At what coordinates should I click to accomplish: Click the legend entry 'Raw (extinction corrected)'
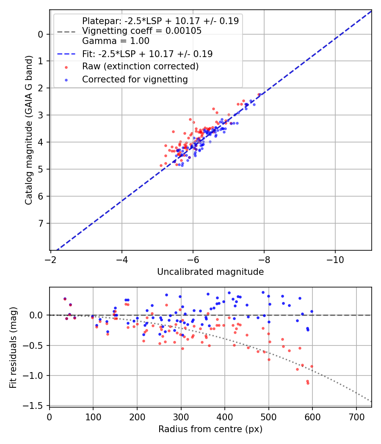pyautogui.click(x=140, y=66)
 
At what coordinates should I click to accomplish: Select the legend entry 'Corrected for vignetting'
pyautogui.click(x=135, y=79)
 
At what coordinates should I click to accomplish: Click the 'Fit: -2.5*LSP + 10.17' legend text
pyautogui.click(x=147, y=54)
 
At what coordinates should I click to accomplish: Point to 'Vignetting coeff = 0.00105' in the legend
pyautogui.click(x=142, y=31)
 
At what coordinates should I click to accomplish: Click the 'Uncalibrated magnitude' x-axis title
pyautogui.click(x=210, y=272)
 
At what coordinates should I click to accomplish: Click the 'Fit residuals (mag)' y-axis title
pyautogui.click(x=13, y=348)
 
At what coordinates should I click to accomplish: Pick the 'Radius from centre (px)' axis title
pyautogui.click(x=210, y=429)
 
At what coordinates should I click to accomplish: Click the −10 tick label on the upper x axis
pyautogui.click(x=335, y=258)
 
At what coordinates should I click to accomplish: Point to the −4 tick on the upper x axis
pyautogui.click(x=122, y=258)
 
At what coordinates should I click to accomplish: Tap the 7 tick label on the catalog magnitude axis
pyautogui.click(x=41, y=223)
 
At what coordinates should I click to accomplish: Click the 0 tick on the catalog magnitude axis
pyautogui.click(x=41, y=34)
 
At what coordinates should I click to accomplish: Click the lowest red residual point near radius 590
pyautogui.click(x=308, y=383)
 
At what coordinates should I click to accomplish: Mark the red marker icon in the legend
pyautogui.click(x=66, y=67)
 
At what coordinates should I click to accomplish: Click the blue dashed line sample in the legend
pyautogui.click(x=66, y=54)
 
